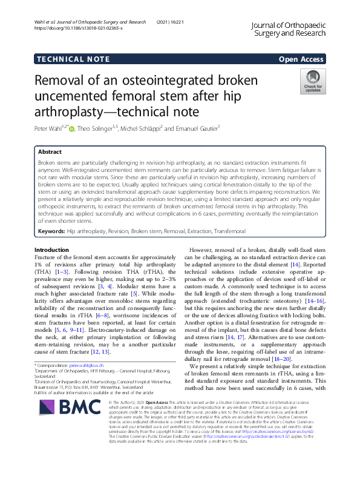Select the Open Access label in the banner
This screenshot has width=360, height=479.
pyautogui.click(x=301, y=59)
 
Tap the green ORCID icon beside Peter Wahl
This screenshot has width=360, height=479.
pyautogui.click(x=73, y=128)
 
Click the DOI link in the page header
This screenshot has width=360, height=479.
pyautogui.click(x=79, y=28)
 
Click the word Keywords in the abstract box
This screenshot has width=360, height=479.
pyautogui.click(x=51, y=231)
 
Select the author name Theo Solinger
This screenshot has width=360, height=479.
pyautogui.click(x=97, y=128)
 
